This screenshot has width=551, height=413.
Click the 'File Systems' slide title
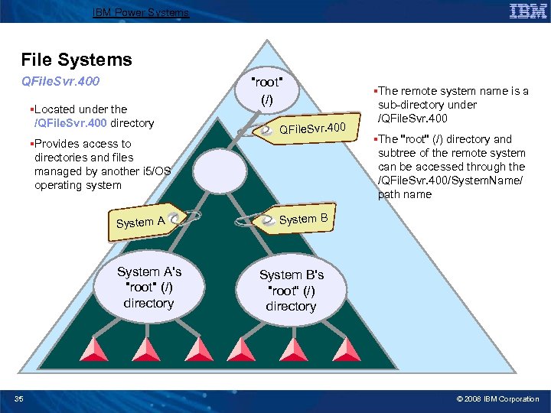click(77, 60)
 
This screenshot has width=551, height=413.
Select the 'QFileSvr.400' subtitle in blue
click(62, 80)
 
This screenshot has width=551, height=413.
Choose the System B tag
click(296, 220)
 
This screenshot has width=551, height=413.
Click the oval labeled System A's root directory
click(148, 287)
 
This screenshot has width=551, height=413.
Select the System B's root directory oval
click(291, 290)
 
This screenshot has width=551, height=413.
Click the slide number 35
click(19, 398)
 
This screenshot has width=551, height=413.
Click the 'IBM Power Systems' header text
click(140, 12)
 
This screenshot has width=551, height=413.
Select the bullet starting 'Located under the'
click(92, 116)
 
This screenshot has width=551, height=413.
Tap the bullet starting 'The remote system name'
click(452, 105)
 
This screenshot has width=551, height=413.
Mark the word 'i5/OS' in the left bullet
click(155, 171)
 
